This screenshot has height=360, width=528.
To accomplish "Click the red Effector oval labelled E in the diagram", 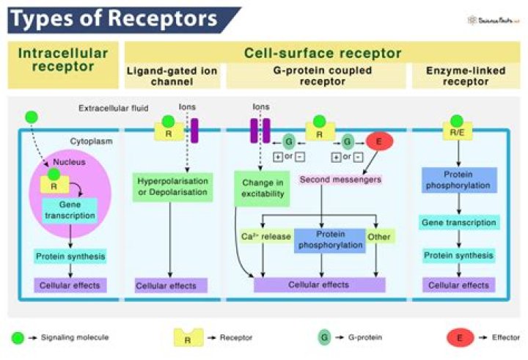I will (379, 142).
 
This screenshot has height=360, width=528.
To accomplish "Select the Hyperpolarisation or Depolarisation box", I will (172, 186).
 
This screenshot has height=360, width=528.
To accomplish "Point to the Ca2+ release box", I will (265, 236).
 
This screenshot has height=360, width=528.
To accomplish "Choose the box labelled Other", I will (380, 236).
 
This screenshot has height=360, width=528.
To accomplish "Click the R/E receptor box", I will (457, 133).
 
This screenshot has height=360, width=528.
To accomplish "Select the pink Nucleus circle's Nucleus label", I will (69, 162).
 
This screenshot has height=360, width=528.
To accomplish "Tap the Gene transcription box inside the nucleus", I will (70, 210).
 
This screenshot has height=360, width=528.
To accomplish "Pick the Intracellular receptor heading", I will (62, 60).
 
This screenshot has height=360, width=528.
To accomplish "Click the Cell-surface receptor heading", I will (323, 53).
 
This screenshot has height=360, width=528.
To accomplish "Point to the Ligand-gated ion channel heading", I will (172, 76).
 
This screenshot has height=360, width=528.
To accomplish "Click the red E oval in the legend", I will (461, 338).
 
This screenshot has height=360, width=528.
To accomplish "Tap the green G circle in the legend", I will (323, 338).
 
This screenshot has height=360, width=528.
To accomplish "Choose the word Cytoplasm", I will (91, 141).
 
